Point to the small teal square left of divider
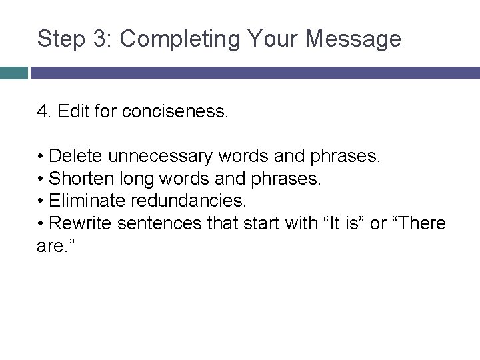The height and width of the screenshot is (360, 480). tap(14, 73)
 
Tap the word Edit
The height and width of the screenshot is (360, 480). tap(71, 111)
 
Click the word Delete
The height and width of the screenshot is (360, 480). tap(76, 157)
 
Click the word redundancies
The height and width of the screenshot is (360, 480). tap(177, 200)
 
